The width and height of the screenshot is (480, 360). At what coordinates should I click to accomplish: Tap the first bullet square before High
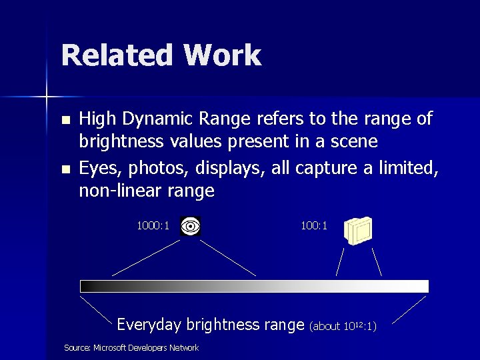[x=65, y=121]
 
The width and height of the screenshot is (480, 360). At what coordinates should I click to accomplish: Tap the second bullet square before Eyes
[x=65, y=170]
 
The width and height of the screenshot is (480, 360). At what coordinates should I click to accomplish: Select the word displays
[x=235, y=168]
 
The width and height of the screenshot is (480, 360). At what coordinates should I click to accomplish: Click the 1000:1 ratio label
[x=153, y=226]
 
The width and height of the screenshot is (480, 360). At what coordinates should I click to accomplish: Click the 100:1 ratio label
[x=314, y=226]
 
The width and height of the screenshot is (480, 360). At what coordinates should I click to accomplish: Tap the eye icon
[x=191, y=227]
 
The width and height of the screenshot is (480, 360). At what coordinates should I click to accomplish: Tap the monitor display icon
[x=358, y=229]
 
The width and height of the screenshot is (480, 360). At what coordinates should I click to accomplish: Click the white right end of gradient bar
[x=421, y=286]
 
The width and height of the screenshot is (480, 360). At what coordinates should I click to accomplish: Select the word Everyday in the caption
[x=149, y=325]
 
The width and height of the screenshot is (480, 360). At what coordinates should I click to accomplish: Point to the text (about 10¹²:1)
[x=343, y=326]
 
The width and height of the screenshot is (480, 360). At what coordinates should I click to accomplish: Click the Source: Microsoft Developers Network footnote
[x=131, y=347]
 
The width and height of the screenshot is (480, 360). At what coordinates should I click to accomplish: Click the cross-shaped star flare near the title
[x=47, y=97]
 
